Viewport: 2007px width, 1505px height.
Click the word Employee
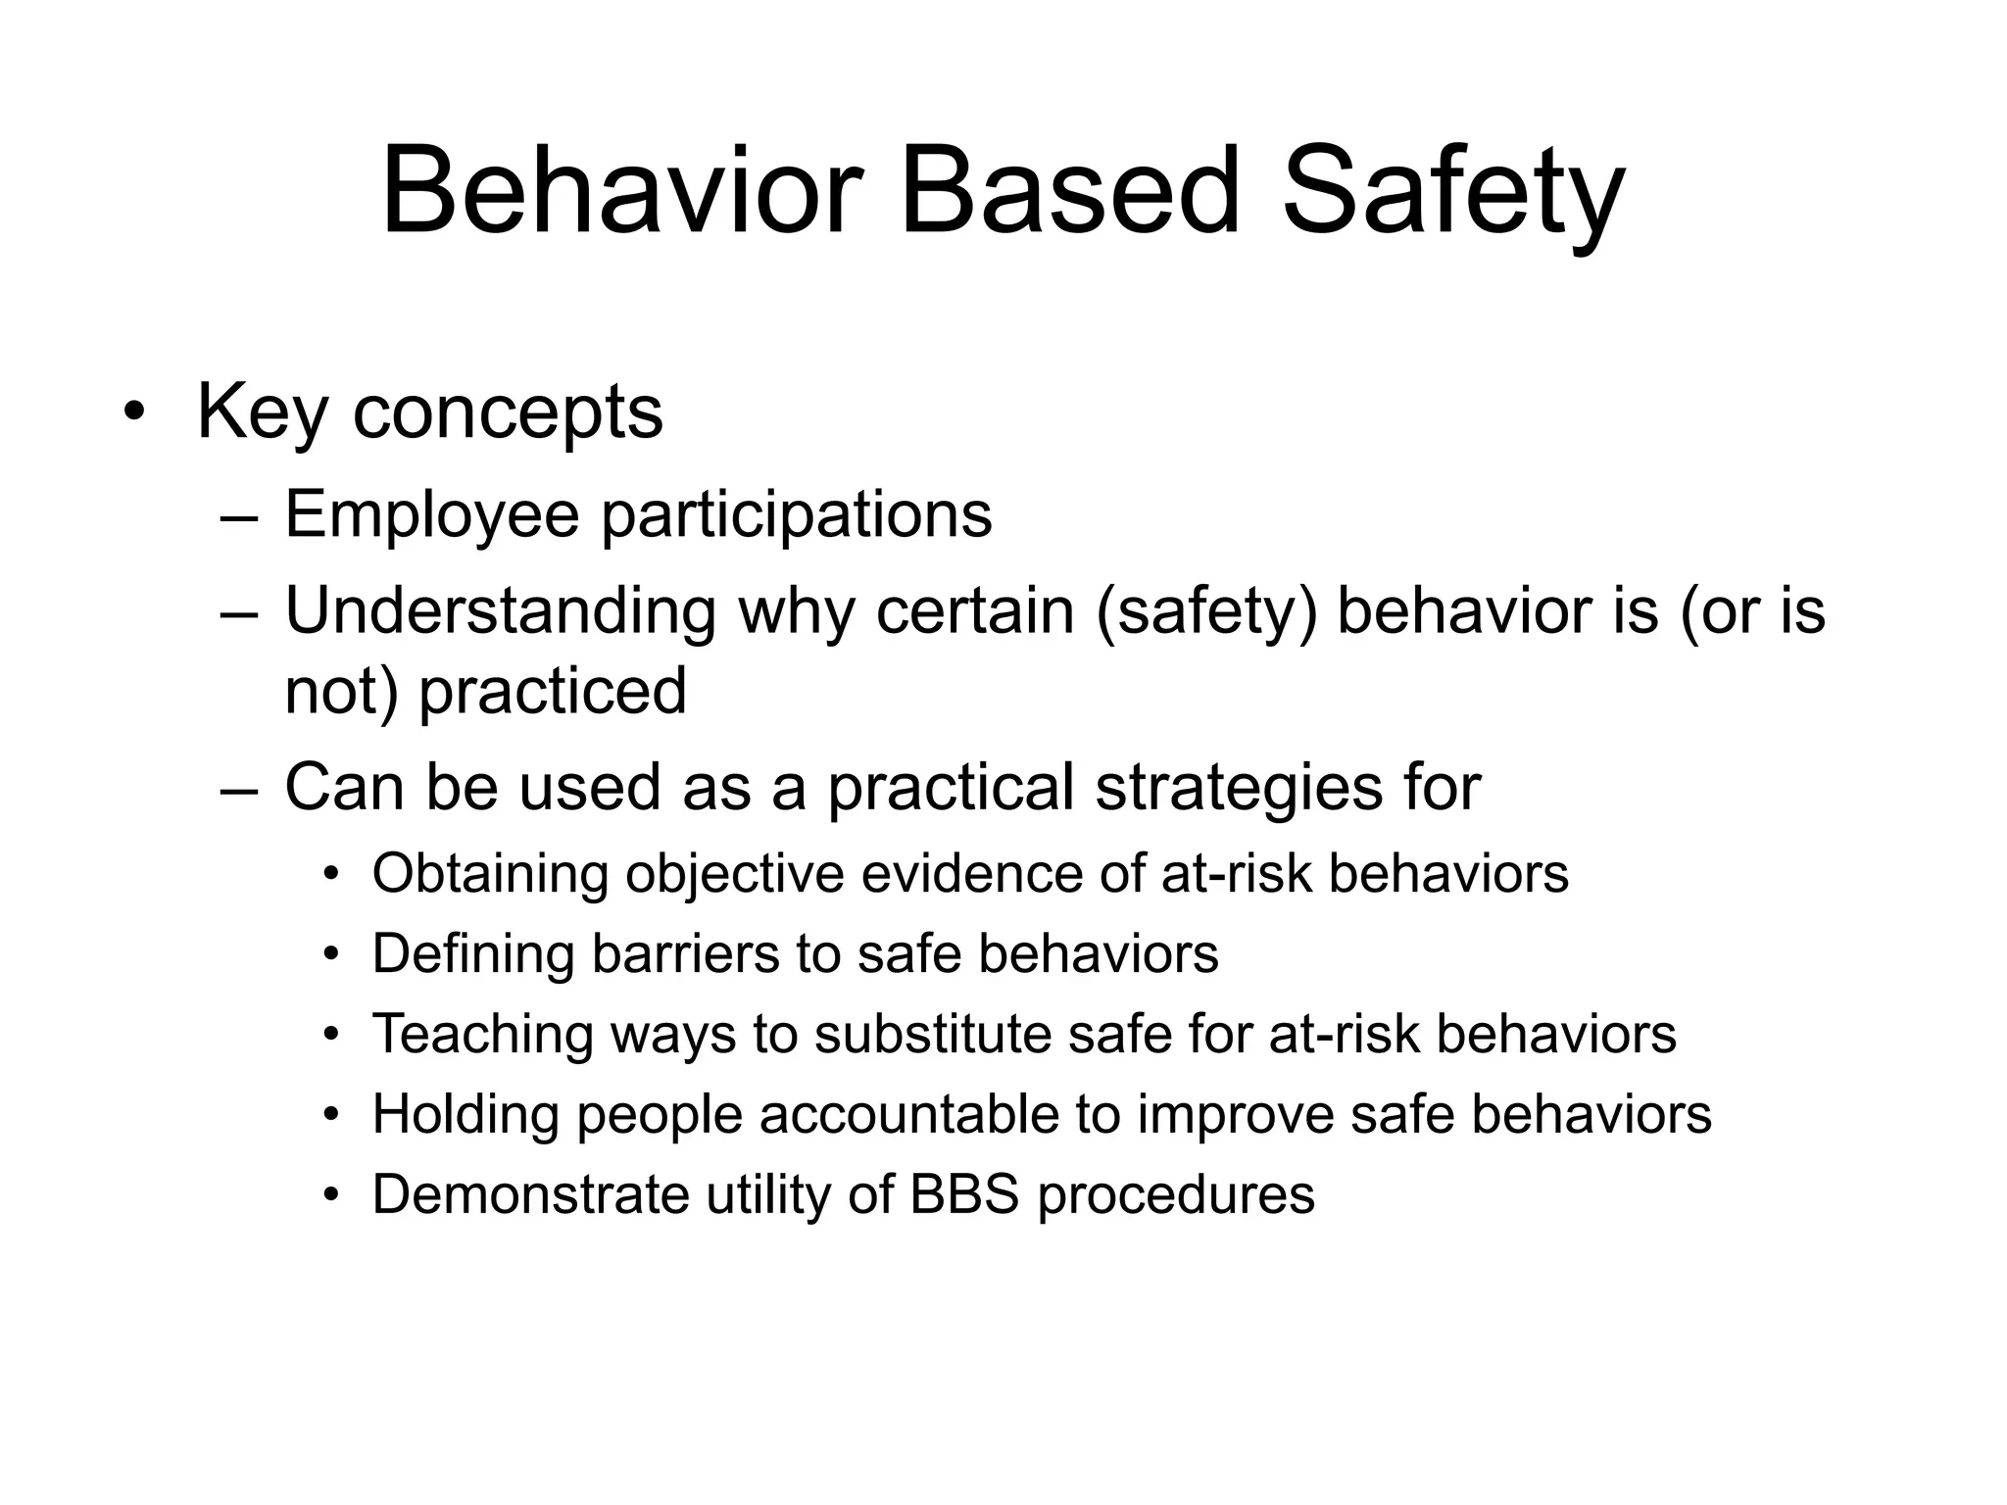point(431,514)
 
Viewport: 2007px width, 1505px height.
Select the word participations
point(796,514)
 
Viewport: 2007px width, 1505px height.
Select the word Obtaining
point(490,873)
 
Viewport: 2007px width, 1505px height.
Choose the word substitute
point(932,1034)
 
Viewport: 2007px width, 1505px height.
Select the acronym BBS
point(965,1194)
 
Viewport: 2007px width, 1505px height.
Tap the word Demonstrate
point(530,1194)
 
